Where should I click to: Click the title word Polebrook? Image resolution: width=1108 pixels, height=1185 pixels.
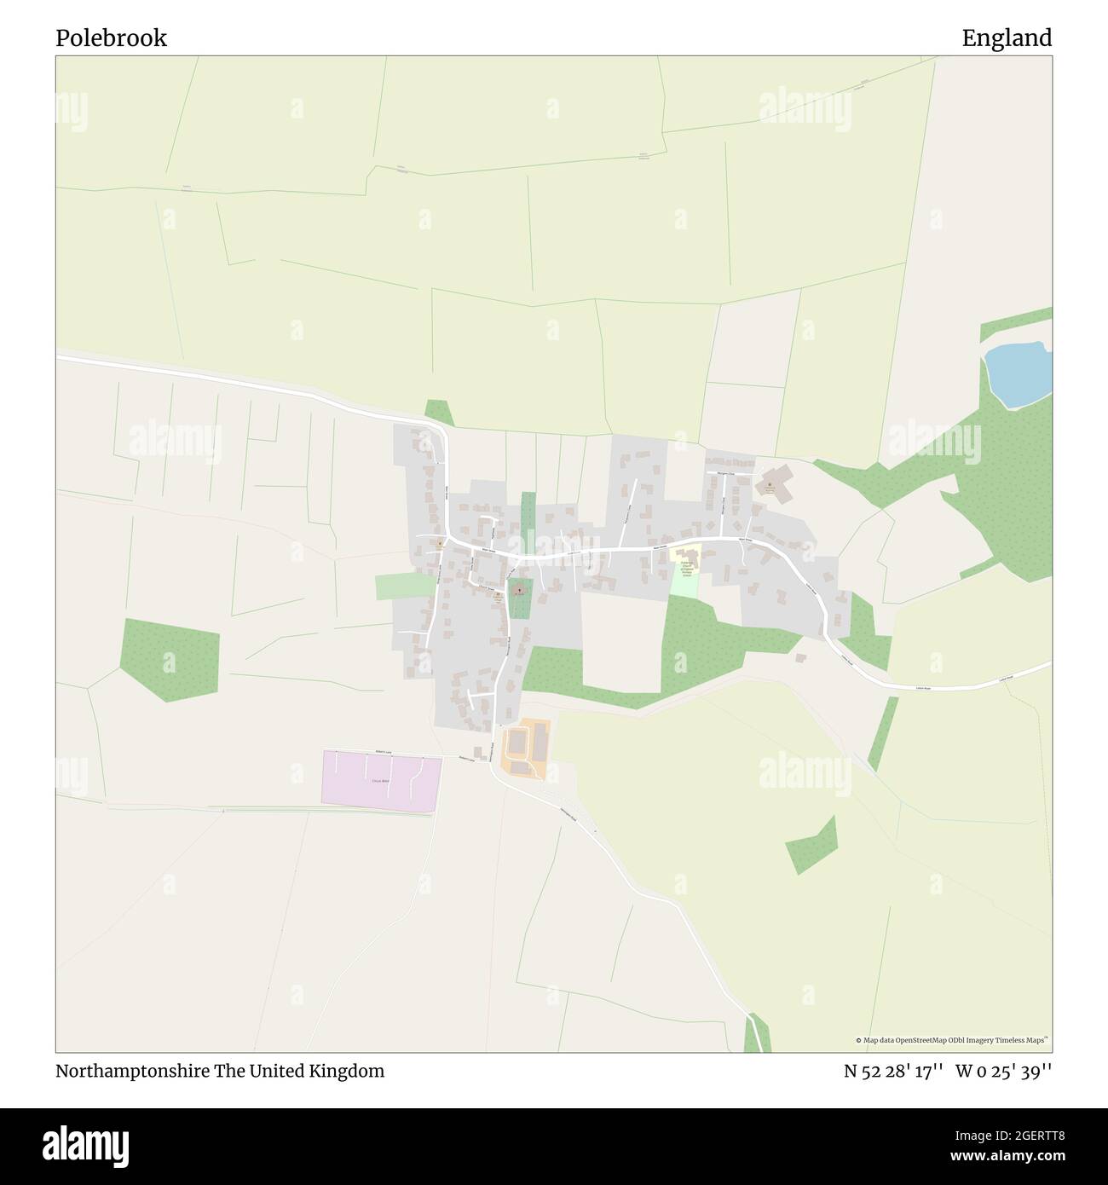[x=111, y=38]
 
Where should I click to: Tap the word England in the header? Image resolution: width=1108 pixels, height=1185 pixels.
[x=1007, y=38]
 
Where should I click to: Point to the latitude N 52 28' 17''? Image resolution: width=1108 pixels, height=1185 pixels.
[x=893, y=1071]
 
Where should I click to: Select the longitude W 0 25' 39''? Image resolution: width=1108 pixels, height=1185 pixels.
[x=1004, y=1071]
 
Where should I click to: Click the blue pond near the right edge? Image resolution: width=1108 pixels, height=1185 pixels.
[x=1018, y=373]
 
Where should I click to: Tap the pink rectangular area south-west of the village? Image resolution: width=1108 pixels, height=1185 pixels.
[x=381, y=780]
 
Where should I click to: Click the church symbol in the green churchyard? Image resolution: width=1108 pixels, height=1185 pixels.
[x=519, y=588]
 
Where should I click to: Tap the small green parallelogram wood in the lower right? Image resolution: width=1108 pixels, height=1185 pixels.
[x=811, y=844]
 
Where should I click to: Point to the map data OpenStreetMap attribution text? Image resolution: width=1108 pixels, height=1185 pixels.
[x=954, y=1040]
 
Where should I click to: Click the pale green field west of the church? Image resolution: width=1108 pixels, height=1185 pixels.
[x=404, y=586]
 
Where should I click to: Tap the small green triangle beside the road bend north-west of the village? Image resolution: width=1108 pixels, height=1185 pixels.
[x=439, y=413]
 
